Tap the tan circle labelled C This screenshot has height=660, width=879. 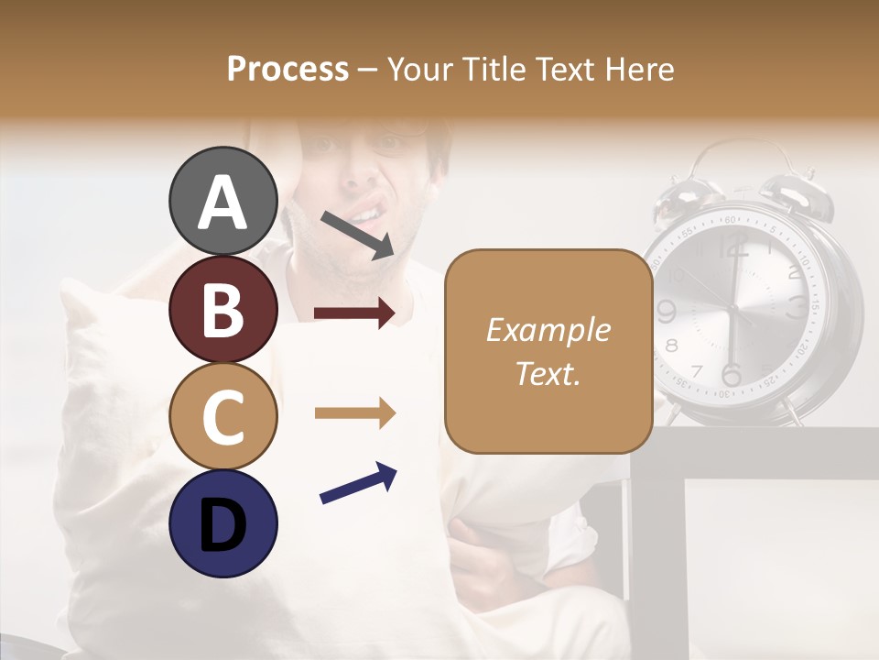tap(223, 416)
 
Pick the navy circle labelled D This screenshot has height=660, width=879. tap(223, 523)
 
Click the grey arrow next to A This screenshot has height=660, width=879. tap(357, 233)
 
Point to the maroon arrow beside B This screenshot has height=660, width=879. tap(354, 313)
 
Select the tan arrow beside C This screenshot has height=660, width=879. tap(354, 413)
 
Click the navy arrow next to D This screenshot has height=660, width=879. tap(358, 484)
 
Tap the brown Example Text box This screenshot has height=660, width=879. tap(548, 351)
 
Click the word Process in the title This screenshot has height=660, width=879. tap(288, 69)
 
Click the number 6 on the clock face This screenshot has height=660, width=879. tap(731, 375)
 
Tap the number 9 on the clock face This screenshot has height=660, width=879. tap(667, 312)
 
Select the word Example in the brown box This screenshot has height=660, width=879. tap(548, 330)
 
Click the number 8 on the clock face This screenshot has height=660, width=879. tap(672, 346)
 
